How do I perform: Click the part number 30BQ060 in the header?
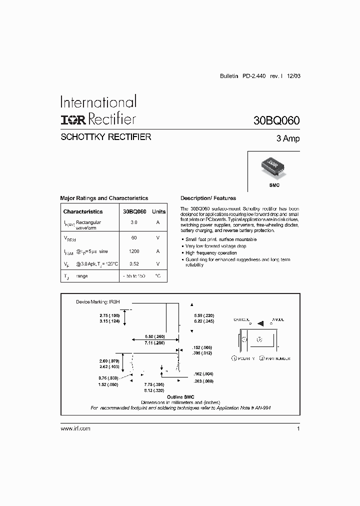pos(276,120)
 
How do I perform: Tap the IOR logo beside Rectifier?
pos(72,119)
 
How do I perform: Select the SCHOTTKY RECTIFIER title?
pos(105,137)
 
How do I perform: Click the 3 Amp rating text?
pos(287,138)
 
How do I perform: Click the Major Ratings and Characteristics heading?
pos(104,198)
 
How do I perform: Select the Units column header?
pos(158,211)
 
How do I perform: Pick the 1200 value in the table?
pos(133,251)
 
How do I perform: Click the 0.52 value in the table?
pos(133,263)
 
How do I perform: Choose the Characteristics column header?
pos(83,211)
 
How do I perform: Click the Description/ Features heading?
pos(208,198)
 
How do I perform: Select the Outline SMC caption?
pos(180,396)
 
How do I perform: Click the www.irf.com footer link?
pos(75,429)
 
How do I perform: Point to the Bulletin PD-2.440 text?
pos(242,76)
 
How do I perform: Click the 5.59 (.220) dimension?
pos(204,315)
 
